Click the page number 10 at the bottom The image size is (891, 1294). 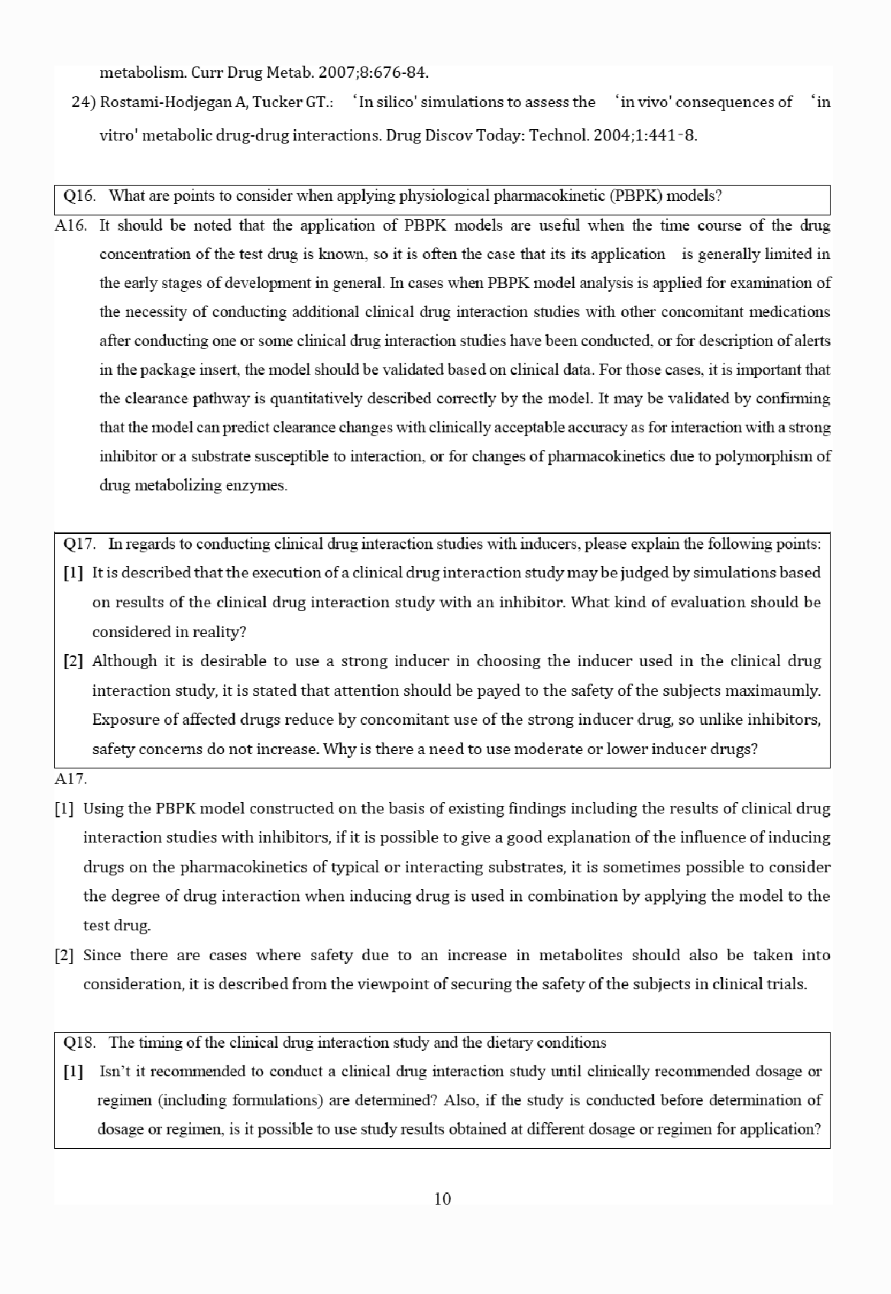click(442, 1199)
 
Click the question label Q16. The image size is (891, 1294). click(79, 196)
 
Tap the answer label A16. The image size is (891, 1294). click(71, 225)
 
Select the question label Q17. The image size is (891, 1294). click(79, 544)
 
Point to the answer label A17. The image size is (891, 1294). click(71, 779)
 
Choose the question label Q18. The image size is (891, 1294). click(79, 1043)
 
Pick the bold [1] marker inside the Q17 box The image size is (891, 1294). click(73, 573)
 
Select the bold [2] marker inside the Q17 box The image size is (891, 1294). click(73, 662)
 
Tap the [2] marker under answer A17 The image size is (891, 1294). click(64, 955)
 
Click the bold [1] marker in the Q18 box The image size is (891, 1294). click(73, 1072)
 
